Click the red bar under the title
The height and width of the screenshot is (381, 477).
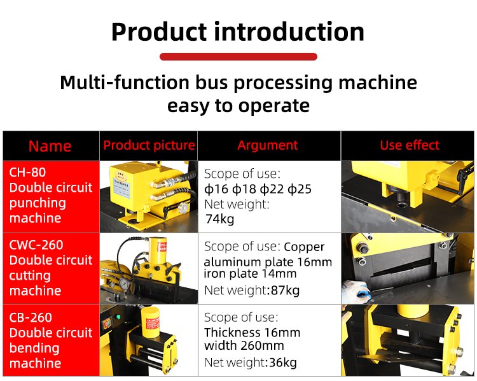pyautogui.click(x=238, y=57)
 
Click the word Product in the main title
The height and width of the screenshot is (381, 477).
pyautogui.click(x=160, y=32)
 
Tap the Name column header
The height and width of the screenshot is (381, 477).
pyautogui.click(x=50, y=146)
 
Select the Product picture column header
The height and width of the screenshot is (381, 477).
pyautogui.click(x=149, y=145)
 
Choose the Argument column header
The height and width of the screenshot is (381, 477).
pyautogui.click(x=268, y=145)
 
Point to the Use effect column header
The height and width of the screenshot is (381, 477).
pyautogui.click(x=410, y=145)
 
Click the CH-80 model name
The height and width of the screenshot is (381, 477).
pyautogui.click(x=27, y=173)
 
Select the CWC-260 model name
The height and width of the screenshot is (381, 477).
pyautogui.click(x=36, y=245)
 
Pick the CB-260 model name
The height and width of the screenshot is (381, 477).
pyautogui.click(x=31, y=317)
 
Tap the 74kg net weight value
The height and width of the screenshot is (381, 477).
pyautogui.click(x=219, y=219)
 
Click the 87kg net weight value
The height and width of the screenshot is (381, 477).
pyautogui.click(x=286, y=290)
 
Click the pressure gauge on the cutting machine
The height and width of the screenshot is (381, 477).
pyautogui.click(x=125, y=284)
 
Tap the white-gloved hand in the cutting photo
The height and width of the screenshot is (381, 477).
pyautogui.click(x=356, y=291)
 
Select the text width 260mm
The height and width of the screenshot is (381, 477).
pyautogui.click(x=244, y=346)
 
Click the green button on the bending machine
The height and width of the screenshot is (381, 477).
pyautogui.click(x=118, y=317)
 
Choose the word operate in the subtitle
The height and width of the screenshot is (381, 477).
pyautogui.click(x=273, y=106)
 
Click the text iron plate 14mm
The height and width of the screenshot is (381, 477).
pyautogui.click(x=250, y=273)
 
